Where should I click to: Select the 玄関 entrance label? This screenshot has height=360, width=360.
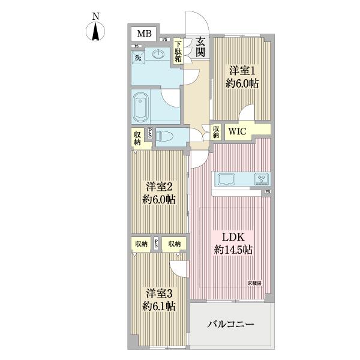[x=199, y=48]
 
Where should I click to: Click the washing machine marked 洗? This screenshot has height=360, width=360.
[x=138, y=58]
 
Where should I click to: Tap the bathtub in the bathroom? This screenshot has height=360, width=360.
[x=141, y=107]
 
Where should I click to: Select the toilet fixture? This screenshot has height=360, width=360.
[x=167, y=136]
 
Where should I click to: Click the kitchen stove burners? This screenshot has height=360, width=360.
[x=262, y=179]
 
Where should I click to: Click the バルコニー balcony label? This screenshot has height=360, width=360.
[x=232, y=325]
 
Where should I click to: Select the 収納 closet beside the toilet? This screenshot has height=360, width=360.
[x=137, y=139]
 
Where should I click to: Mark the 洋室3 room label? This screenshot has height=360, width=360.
[x=160, y=293]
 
